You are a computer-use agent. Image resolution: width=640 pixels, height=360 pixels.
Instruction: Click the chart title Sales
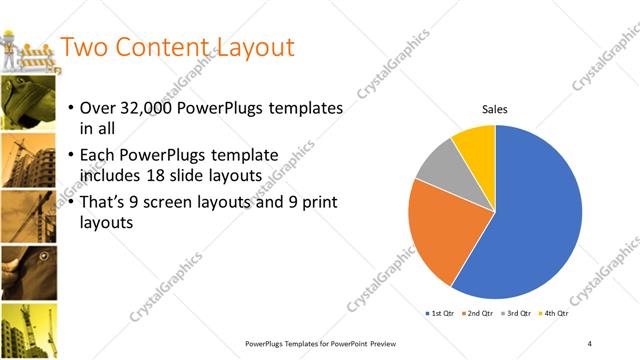[x=495, y=110]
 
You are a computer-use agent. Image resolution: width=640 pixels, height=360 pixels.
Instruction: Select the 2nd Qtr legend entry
[x=478, y=314]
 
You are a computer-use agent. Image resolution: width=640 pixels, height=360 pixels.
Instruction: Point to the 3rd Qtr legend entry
[x=515, y=314]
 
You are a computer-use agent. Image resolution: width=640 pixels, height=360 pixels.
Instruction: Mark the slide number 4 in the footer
[x=590, y=343]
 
